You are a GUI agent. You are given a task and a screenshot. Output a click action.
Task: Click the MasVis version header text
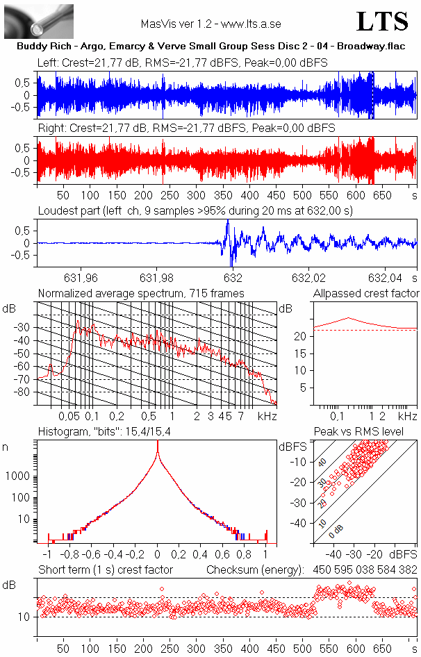(x=210, y=24)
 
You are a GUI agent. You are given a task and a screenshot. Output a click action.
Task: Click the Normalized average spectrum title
(x=141, y=293)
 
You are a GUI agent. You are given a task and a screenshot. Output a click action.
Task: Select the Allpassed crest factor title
(x=366, y=293)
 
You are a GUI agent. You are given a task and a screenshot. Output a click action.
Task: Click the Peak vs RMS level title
(x=364, y=432)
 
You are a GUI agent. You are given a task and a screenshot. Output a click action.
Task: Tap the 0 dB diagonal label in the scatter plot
(x=336, y=533)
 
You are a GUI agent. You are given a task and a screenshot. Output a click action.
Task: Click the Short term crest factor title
(x=105, y=569)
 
